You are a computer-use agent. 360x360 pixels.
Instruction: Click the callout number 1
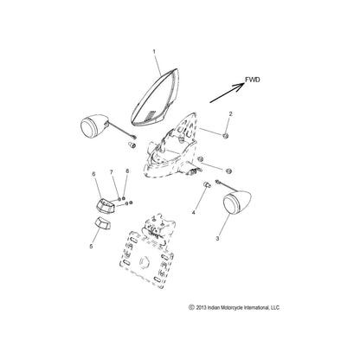155,52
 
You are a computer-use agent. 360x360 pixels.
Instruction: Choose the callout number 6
94,174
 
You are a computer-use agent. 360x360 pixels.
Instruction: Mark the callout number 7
112,174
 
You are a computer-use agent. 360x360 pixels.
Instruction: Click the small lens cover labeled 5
102,227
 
